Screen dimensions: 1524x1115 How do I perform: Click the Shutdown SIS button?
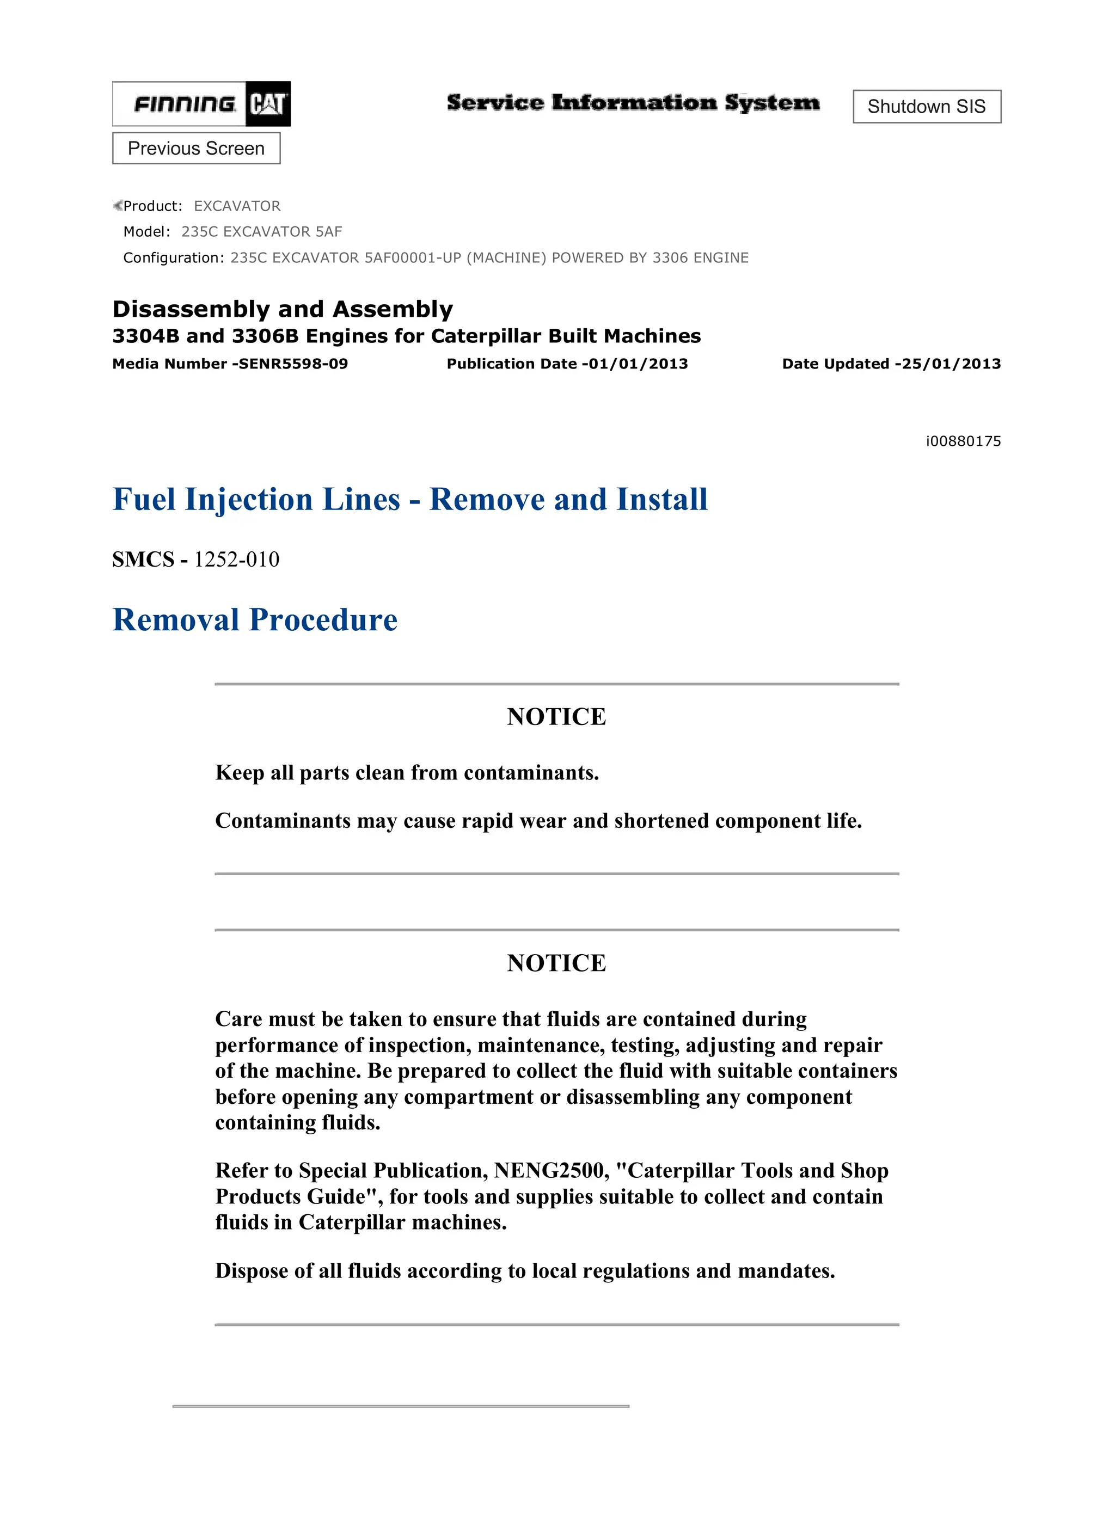[x=926, y=107]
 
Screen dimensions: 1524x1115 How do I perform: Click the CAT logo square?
[x=268, y=104]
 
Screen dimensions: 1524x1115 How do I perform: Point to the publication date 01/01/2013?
[x=638, y=364]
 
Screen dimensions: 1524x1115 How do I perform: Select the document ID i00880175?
[x=963, y=441]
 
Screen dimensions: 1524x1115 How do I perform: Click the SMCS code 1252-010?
[x=236, y=560]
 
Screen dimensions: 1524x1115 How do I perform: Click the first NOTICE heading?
[x=556, y=716]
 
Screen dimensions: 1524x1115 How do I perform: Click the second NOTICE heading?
[x=556, y=963]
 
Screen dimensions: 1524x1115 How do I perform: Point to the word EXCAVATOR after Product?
[x=237, y=206]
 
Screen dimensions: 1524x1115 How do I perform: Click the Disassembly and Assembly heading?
[x=282, y=309]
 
